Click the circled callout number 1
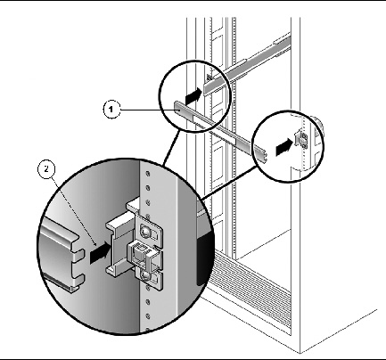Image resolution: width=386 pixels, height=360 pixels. pyautogui.click(x=111, y=110)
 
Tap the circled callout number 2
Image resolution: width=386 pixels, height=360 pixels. pyautogui.click(x=46, y=169)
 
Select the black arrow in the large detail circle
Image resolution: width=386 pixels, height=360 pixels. pyautogui.click(x=100, y=253)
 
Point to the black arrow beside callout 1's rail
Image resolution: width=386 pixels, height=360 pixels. pyautogui.click(x=193, y=96)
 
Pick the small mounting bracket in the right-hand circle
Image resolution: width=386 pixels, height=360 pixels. pyautogui.click(x=301, y=139)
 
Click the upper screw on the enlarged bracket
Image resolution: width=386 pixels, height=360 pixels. pyautogui.click(x=145, y=230)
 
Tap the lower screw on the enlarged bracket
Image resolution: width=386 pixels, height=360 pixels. pyautogui.click(x=144, y=276)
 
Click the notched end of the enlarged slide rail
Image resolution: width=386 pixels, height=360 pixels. pyautogui.click(x=78, y=260)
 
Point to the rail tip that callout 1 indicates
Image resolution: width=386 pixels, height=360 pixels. pyautogui.click(x=177, y=109)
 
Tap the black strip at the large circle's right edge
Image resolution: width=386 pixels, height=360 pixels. pyautogui.click(x=205, y=258)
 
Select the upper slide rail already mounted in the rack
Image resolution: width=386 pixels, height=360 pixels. pyautogui.click(x=248, y=61)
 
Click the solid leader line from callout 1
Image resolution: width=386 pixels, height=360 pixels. pyautogui.click(x=147, y=110)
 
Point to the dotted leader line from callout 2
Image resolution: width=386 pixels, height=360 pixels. pyautogui.click(x=74, y=211)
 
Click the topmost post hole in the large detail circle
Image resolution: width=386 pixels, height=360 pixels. pyautogui.click(x=148, y=174)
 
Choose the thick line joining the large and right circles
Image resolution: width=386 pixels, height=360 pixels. pyautogui.click(x=229, y=183)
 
